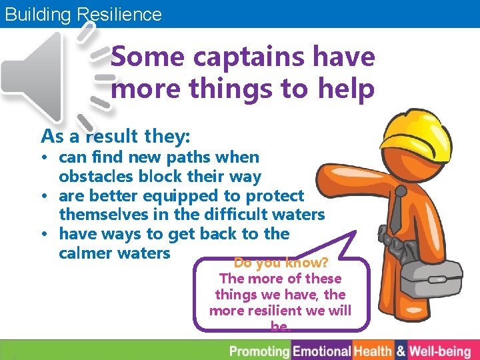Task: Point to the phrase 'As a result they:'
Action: click(x=116, y=137)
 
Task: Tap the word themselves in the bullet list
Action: click(x=101, y=215)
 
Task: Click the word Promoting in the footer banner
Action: click(x=259, y=351)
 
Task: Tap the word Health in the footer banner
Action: click(x=373, y=351)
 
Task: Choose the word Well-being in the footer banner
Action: click(x=440, y=351)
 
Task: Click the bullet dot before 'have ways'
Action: click(x=49, y=234)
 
